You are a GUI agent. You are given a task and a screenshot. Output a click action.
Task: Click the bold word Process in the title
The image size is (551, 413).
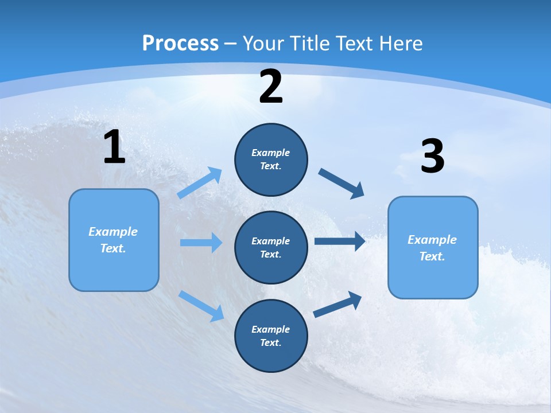tap(180, 44)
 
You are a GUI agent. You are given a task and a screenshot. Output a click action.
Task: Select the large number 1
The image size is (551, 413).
tap(114, 147)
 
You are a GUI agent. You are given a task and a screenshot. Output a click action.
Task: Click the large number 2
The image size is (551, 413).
tap(271, 87)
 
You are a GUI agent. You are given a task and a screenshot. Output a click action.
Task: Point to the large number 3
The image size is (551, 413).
tap(432, 157)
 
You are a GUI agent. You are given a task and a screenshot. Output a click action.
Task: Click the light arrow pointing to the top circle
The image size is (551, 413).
tap(200, 183)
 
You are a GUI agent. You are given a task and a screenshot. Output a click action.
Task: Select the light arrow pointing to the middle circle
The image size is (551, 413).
tap(201, 243)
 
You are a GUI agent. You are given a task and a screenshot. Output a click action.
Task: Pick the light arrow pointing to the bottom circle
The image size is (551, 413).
tap(201, 306)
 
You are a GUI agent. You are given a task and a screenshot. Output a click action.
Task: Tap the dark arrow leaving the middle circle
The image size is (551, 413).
tap(340, 241)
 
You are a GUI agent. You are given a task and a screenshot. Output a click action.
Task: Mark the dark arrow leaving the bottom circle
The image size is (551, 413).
tap(337, 304)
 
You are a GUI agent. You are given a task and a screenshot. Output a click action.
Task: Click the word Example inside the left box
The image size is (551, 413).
tap(113, 232)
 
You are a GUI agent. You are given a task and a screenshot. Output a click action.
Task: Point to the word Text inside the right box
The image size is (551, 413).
tap(432, 256)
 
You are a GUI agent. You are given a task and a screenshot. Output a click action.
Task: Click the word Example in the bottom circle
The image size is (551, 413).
tap(270, 329)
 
